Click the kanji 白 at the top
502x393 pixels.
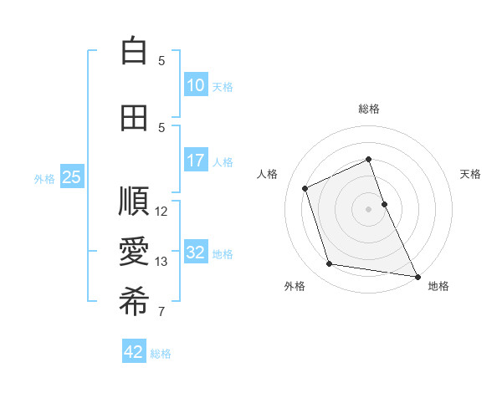click(x=134, y=51)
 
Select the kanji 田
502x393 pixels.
click(x=134, y=118)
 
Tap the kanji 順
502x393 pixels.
click(x=134, y=202)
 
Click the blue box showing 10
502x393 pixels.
click(x=196, y=86)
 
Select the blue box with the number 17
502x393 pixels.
click(x=196, y=161)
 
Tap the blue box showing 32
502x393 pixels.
click(x=196, y=253)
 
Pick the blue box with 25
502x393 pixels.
click(x=71, y=177)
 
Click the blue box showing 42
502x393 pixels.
click(x=134, y=352)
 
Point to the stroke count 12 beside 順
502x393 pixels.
click(x=162, y=212)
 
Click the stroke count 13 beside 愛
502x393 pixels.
click(x=162, y=262)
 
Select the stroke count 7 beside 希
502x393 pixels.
click(x=161, y=312)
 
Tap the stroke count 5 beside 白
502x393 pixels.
click(x=161, y=61)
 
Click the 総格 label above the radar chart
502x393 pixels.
click(x=369, y=109)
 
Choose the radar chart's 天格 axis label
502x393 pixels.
click(x=471, y=174)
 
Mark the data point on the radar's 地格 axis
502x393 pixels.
click(x=417, y=275)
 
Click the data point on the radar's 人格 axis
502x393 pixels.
click(x=305, y=188)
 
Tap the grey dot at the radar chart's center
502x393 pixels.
click(x=369, y=208)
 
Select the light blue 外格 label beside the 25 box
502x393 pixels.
click(x=44, y=178)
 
